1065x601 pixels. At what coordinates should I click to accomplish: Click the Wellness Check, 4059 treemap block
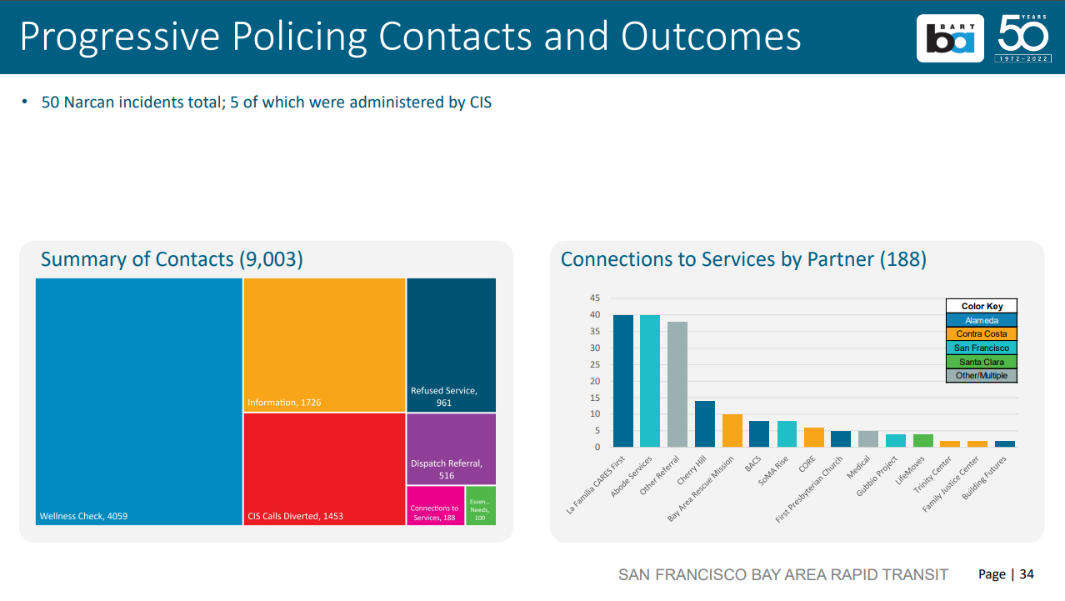(x=138, y=401)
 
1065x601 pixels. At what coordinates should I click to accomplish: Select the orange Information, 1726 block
(x=324, y=344)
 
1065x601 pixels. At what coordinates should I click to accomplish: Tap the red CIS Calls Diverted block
(x=324, y=468)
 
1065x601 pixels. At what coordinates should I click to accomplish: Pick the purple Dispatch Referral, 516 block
(x=451, y=449)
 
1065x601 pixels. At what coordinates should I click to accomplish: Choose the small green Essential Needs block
(x=480, y=506)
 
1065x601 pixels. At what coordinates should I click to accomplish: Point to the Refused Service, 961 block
(x=451, y=344)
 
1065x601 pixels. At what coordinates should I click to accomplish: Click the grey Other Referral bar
(x=677, y=384)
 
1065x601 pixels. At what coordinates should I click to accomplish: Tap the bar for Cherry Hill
(x=705, y=424)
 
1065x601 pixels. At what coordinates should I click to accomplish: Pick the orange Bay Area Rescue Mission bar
(x=732, y=431)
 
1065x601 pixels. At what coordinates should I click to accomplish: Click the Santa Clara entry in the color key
(x=982, y=362)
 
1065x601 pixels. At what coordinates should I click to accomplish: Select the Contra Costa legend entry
(x=982, y=333)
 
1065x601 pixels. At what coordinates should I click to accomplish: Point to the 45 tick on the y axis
(x=595, y=298)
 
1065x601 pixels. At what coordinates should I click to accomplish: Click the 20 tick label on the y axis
(x=595, y=381)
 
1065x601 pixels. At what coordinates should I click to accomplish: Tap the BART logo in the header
(x=949, y=38)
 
